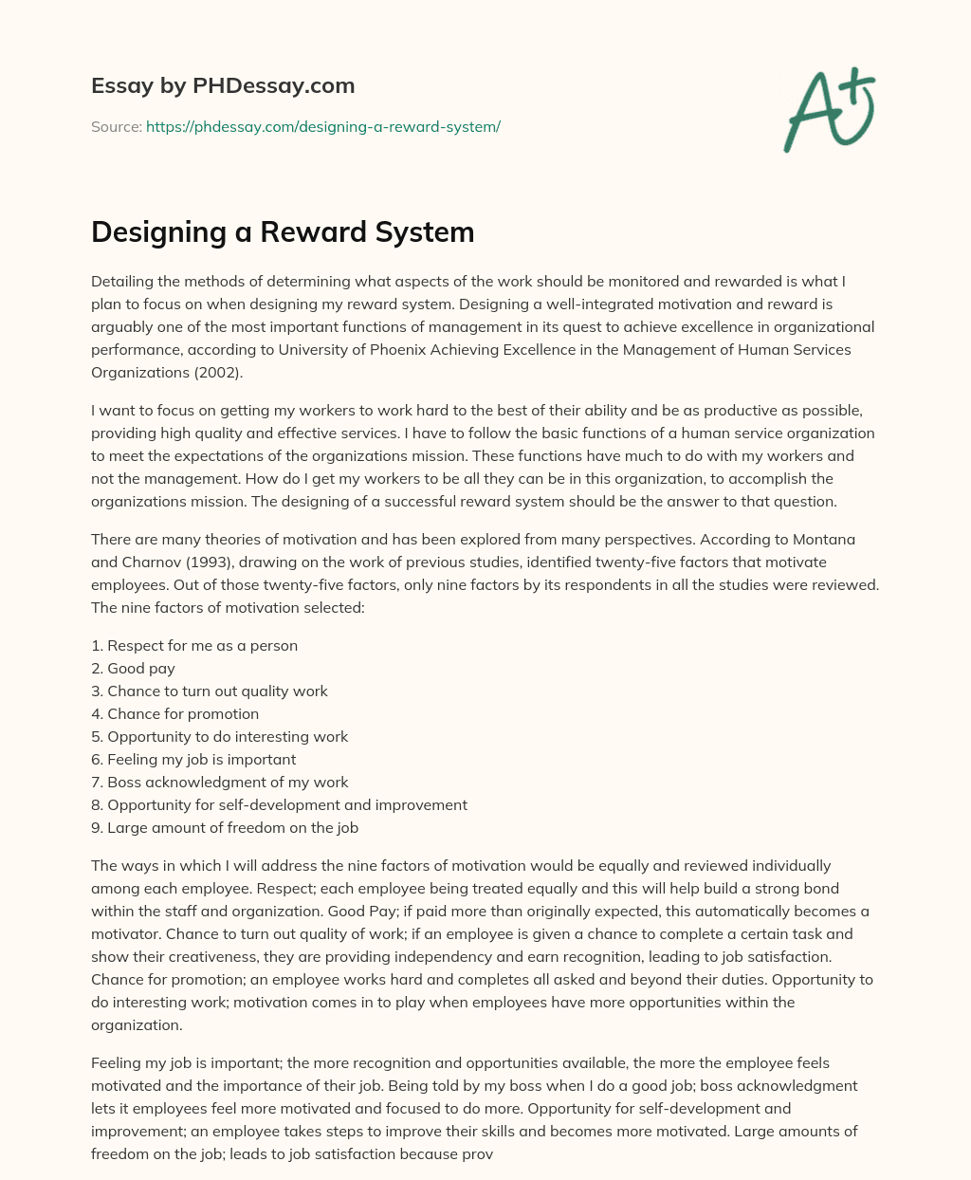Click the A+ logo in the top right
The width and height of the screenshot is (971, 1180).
tap(828, 109)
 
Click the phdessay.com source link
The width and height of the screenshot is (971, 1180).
tap(322, 126)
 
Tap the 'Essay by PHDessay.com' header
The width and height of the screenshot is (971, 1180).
tap(223, 85)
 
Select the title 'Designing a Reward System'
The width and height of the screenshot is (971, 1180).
tap(283, 231)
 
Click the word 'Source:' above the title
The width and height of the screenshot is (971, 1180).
tap(116, 126)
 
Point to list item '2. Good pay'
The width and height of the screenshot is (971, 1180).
tap(133, 668)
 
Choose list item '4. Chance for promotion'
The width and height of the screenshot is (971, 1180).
tap(174, 713)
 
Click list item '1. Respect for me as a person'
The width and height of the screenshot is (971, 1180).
tap(194, 645)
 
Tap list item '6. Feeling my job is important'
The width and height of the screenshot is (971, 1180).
tap(193, 759)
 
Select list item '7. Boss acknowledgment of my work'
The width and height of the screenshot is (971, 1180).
tap(220, 782)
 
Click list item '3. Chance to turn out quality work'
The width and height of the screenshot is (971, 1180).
tap(210, 691)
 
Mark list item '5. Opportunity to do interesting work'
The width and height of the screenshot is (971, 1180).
tap(220, 736)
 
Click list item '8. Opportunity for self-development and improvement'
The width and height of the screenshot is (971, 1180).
tap(279, 804)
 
